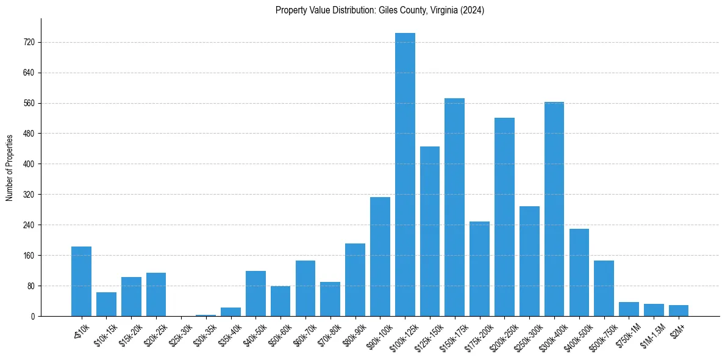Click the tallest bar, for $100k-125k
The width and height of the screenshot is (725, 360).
[405, 175]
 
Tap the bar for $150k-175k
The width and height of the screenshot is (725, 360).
[454, 207]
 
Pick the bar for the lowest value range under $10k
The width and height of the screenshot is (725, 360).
[81, 281]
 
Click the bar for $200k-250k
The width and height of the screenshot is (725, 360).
[504, 217]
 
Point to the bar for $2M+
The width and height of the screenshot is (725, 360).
[679, 311]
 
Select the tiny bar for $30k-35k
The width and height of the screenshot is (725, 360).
[205, 315]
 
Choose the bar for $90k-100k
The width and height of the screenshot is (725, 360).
[380, 256]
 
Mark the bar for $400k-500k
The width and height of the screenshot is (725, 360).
[579, 272]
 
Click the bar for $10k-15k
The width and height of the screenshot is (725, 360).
[106, 304]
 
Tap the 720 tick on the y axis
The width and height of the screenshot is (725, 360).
[30, 43]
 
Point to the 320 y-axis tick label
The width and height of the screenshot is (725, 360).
[30, 195]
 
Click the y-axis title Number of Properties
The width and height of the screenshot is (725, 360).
[9, 167]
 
